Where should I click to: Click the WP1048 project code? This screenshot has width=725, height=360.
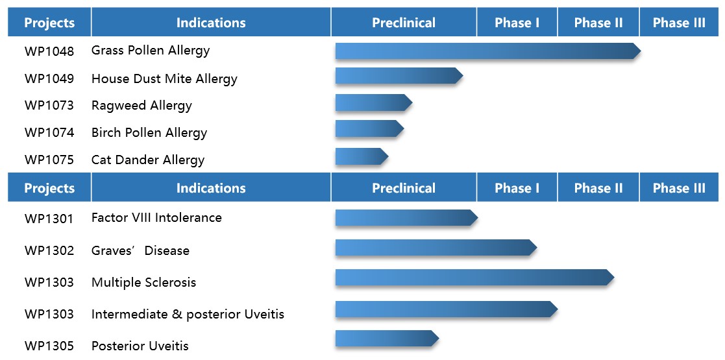[49, 51]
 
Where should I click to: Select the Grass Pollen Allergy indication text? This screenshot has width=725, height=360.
[151, 51]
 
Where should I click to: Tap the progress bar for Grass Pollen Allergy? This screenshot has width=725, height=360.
[488, 51]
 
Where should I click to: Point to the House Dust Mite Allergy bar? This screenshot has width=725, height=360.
[399, 76]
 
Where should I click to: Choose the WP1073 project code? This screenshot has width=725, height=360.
[49, 105]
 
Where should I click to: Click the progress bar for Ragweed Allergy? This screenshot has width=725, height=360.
[374, 102]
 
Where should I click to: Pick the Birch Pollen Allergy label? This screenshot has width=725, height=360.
[149, 132]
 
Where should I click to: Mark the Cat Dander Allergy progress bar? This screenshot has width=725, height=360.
[362, 156]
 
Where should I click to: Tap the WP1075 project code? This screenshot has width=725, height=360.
[49, 160]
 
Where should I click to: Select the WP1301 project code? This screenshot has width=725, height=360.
[49, 218]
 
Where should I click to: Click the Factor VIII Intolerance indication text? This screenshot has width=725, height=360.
[156, 217]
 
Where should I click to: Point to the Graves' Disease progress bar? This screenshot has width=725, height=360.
[436, 248]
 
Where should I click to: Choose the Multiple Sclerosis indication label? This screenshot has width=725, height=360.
[144, 282]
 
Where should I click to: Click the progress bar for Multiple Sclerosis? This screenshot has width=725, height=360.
[475, 277]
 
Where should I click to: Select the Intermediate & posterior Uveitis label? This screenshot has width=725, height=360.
[188, 314]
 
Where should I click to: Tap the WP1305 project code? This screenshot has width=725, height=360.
[49, 346]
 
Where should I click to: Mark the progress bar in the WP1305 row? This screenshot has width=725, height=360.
[387, 339]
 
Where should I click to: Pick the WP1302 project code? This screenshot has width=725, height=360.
[49, 251]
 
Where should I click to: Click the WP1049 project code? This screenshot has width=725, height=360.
[49, 78]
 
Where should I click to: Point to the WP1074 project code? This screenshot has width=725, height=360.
[49, 132]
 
